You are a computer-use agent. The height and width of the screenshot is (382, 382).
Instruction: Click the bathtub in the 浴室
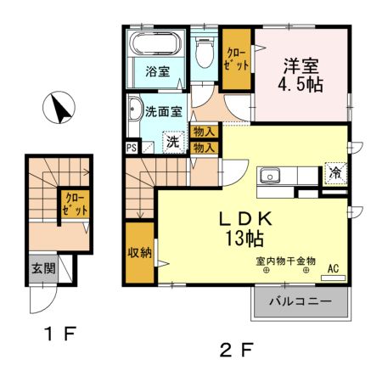point(155,43)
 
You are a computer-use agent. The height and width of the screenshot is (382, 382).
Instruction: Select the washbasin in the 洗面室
point(135,109)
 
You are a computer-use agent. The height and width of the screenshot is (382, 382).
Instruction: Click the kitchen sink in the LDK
point(270,176)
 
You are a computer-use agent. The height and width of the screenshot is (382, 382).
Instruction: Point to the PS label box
point(132,148)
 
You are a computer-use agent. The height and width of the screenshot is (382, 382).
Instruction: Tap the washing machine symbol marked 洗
point(173,142)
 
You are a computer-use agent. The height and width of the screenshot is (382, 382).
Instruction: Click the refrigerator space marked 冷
point(335,173)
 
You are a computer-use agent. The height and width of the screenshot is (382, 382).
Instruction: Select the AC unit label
point(334,268)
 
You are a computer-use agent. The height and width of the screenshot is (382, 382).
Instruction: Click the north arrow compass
point(59,107)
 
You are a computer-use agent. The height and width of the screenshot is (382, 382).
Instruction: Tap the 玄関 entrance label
point(43,268)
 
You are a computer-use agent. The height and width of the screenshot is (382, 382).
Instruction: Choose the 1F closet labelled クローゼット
point(75,204)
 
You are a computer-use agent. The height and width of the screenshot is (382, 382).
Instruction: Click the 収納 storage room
point(140,253)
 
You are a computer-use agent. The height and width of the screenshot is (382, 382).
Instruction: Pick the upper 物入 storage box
point(204,132)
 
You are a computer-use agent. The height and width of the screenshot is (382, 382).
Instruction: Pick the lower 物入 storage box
point(204,148)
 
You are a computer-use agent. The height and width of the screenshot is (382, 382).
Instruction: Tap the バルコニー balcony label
point(301,301)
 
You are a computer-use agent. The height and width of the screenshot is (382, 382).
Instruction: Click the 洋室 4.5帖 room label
point(301,75)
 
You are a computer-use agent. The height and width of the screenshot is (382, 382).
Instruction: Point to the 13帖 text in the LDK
point(244,239)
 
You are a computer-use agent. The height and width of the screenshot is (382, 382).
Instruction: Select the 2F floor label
point(236,350)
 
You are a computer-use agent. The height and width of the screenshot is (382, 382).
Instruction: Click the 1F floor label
point(60,334)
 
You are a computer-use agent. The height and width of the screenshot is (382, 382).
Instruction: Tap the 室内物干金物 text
point(285,261)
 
